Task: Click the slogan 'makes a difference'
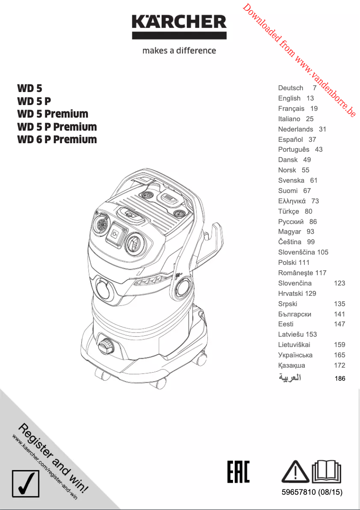coord(179,50)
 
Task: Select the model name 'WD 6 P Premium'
coord(57,139)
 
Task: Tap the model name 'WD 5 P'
coord(34,101)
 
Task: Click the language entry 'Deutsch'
coord(290,88)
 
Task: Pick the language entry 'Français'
coord(291,109)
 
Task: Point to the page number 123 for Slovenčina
coord(339,283)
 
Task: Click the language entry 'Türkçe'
coord(289,211)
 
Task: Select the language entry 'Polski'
coord(287,263)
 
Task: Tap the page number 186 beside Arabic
coord(340,379)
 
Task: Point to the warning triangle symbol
coord(294,471)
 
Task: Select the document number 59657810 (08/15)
coord(312,493)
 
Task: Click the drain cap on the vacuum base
coord(106,346)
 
